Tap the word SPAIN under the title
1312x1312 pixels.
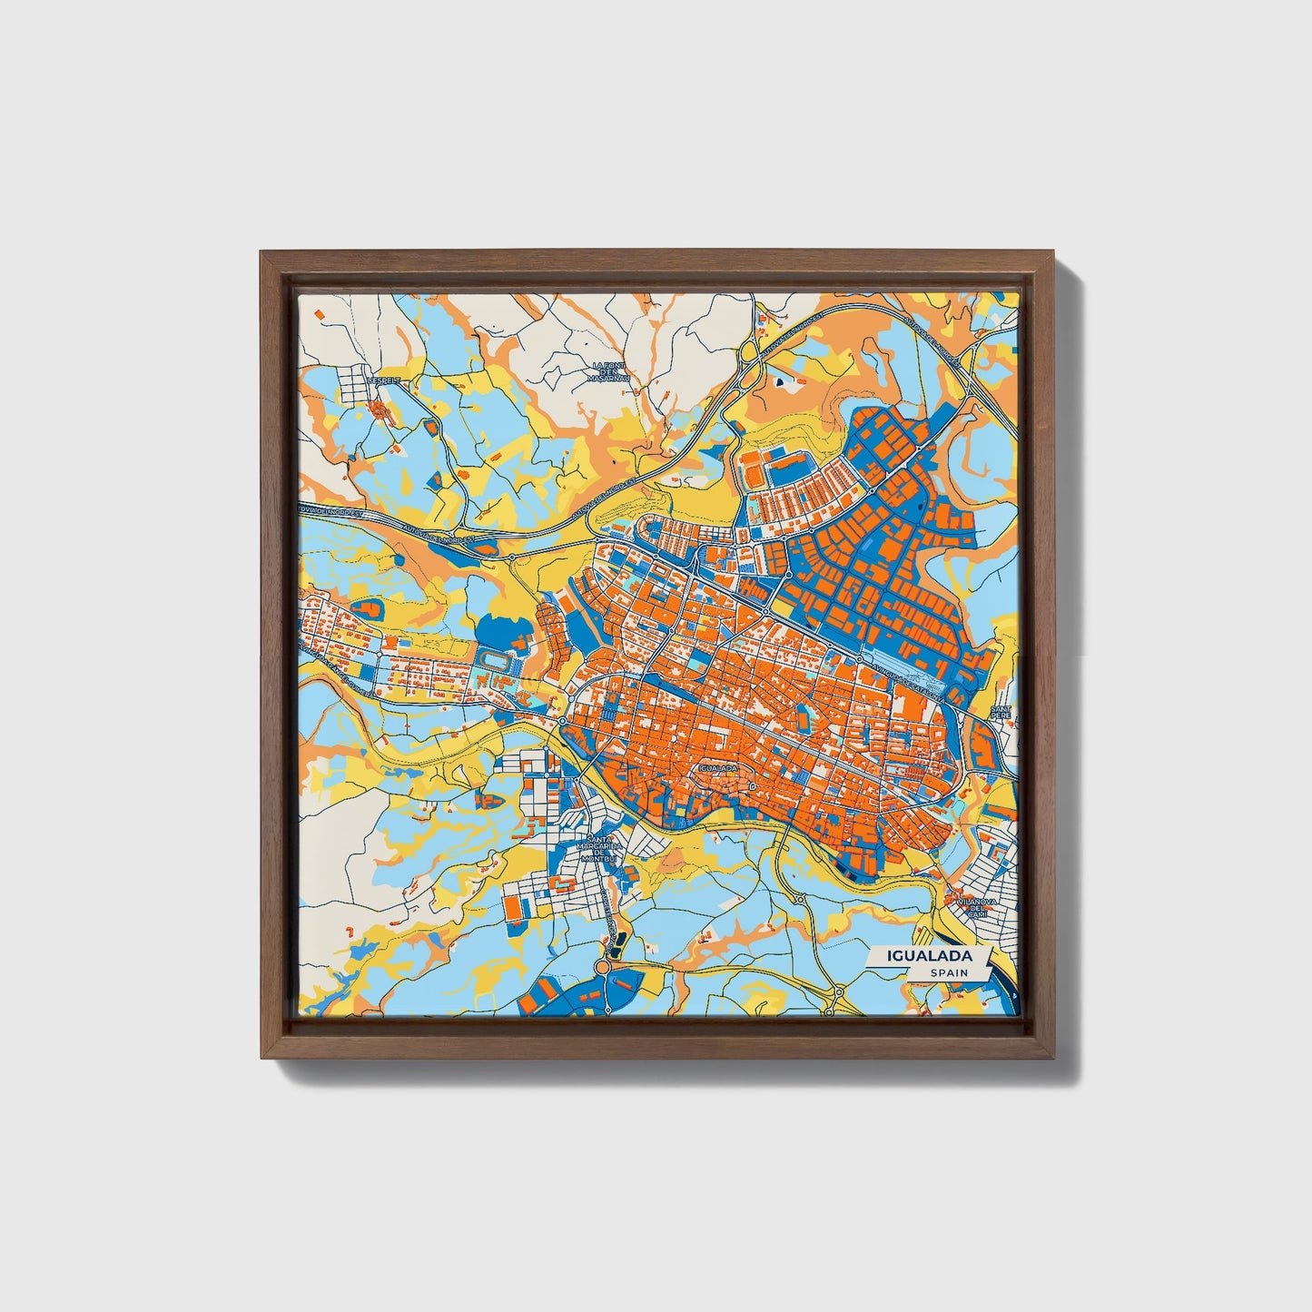click(x=948, y=973)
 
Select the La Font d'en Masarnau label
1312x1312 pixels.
click(x=609, y=371)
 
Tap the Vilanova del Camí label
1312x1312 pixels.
click(x=977, y=908)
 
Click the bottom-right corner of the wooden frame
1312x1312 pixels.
click(x=1050, y=1057)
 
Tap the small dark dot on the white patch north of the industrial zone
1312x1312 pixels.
click(x=779, y=384)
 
